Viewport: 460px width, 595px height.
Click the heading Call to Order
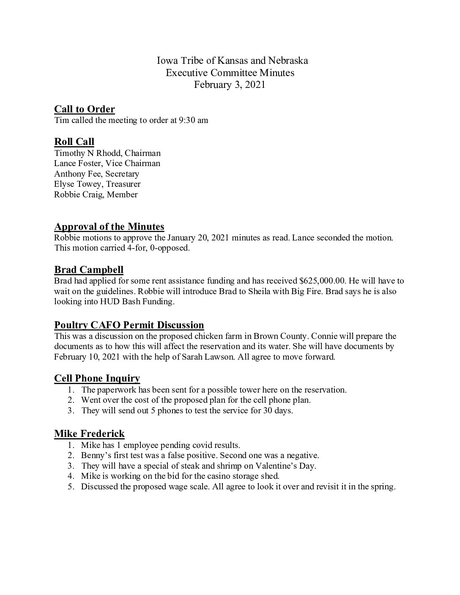pos(85,109)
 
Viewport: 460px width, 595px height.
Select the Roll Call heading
pos(74,142)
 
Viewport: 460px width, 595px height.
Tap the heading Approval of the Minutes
pos(109,227)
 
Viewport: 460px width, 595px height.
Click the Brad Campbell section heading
pos(89,270)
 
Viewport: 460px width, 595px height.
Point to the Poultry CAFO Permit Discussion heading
pos(129,325)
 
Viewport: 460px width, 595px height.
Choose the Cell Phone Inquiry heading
pos(97,379)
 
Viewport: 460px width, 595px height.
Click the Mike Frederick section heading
pos(89,434)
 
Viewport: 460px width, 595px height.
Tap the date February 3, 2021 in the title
pos(230,85)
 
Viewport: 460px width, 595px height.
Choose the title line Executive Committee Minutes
pos(230,73)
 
